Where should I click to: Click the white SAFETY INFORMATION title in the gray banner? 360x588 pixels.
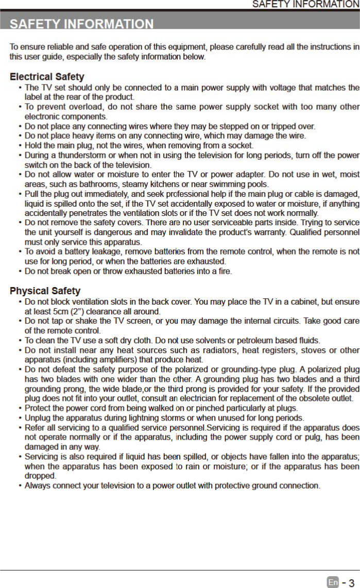(82, 24)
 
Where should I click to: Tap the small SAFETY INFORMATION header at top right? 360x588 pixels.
(305, 5)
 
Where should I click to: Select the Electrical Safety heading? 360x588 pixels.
(47, 77)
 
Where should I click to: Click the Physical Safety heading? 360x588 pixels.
(45, 291)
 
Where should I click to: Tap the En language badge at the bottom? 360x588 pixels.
(333, 582)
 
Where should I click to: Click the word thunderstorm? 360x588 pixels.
(80, 156)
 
